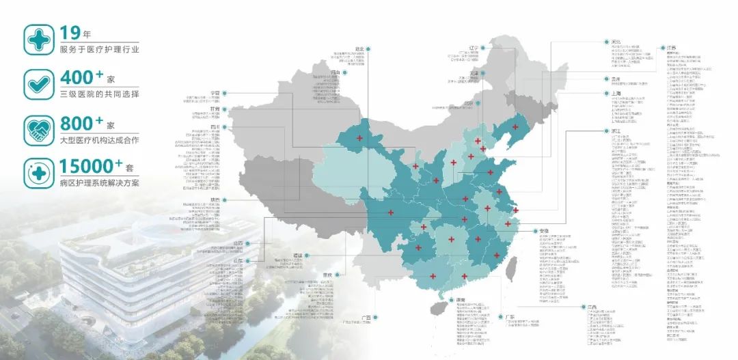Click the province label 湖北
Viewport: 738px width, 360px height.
point(359,49)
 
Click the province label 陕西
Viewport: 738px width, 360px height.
point(215,199)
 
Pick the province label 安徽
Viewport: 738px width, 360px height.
point(544,231)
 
